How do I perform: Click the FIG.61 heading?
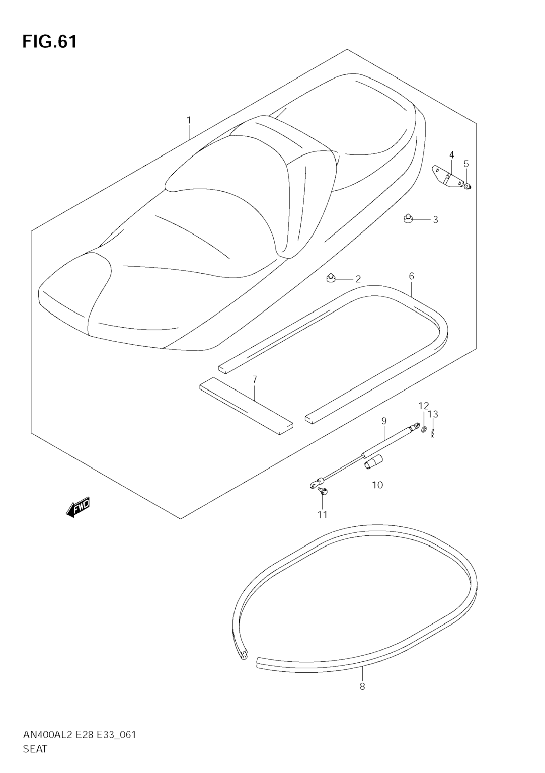(x=50, y=42)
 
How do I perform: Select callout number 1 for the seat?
(x=189, y=120)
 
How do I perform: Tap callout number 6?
(x=411, y=276)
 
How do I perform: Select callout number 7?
(x=255, y=379)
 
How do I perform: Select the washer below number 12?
(x=424, y=429)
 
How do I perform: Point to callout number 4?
(x=451, y=155)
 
